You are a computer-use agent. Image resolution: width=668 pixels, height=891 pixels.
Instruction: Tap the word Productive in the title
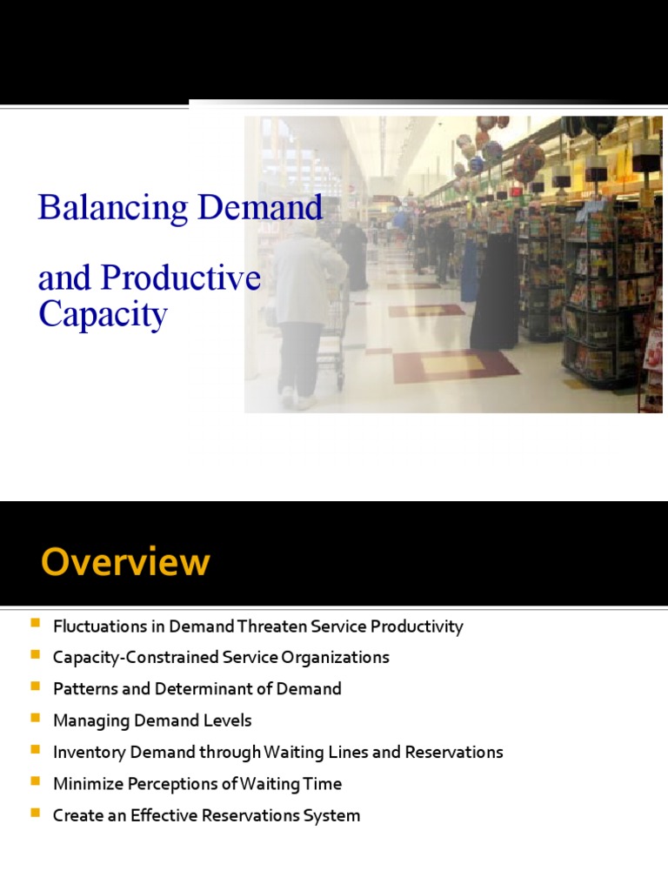point(181,278)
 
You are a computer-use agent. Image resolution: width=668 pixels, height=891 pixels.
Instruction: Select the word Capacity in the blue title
point(103,313)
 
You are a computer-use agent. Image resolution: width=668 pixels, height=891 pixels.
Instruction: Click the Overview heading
point(125,562)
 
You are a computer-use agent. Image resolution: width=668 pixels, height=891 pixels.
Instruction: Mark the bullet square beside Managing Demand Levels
point(36,719)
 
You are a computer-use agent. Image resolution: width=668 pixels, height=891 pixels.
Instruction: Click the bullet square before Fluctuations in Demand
point(36,625)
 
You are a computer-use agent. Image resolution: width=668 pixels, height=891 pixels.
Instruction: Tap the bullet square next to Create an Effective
point(36,814)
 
